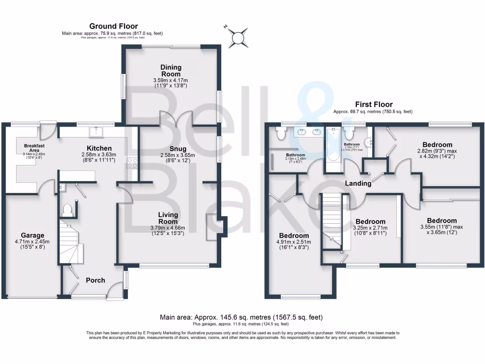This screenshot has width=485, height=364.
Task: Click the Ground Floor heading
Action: [113, 26]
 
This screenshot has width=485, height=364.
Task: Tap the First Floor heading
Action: [374, 104]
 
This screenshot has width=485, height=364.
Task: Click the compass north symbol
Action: [238, 37]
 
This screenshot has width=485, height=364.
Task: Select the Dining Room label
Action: [171, 71]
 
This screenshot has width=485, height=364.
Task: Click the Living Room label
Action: [168, 218]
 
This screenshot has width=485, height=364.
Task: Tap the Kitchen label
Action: [99, 148]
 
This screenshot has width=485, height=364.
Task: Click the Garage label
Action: [32, 235]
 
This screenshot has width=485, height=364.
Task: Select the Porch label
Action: [95, 280]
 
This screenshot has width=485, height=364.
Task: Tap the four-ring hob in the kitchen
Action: [132, 164]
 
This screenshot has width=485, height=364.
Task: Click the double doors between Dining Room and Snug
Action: [176, 118]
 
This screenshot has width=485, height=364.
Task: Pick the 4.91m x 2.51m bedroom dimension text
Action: [294, 246]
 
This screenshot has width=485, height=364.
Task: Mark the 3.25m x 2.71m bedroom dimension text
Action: [370, 233]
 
